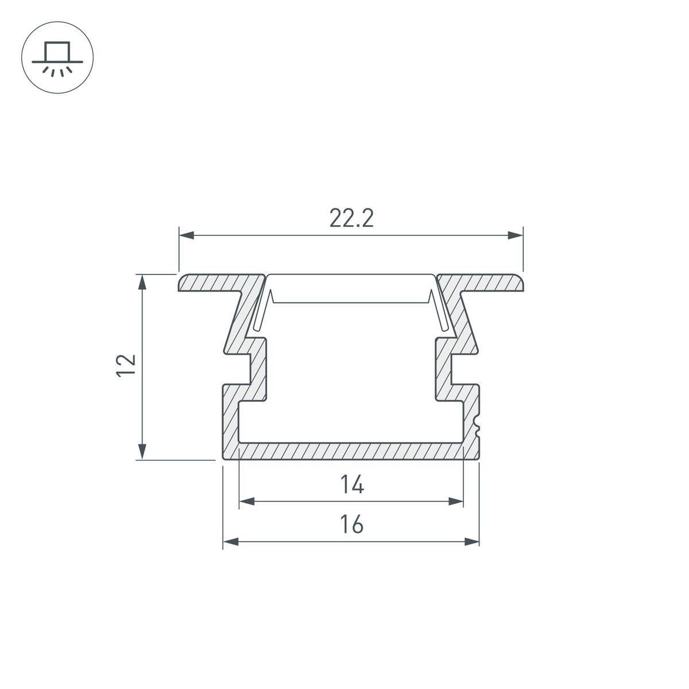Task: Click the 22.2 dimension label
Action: coord(351,219)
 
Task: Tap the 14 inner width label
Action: coord(351,486)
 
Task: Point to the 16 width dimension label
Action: coord(351,524)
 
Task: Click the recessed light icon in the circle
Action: coord(57,57)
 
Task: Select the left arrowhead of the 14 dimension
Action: coord(246,502)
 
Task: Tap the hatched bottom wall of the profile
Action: coord(351,451)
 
